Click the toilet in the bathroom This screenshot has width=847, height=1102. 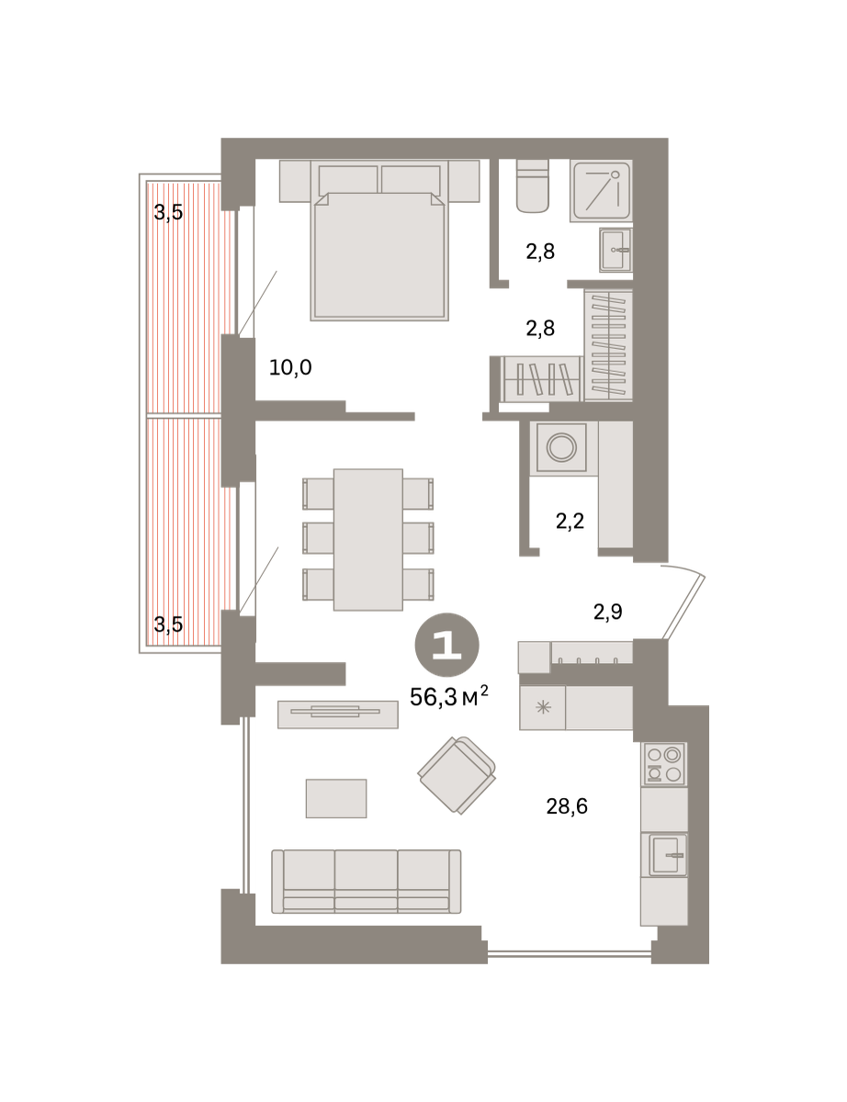533,186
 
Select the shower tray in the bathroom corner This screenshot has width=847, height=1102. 601,191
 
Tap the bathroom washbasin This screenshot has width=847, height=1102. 615,250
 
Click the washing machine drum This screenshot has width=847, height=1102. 561,448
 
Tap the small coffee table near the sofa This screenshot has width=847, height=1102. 335,798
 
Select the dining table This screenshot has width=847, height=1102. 368,540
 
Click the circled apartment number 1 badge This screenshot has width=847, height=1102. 446,645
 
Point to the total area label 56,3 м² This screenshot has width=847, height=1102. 449,697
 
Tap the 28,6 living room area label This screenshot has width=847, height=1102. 567,806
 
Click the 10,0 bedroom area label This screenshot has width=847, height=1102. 290,367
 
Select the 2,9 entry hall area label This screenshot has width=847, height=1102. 607,613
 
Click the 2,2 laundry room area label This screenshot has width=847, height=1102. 570,521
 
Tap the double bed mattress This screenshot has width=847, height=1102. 379,256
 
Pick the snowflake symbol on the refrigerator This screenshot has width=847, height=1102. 543,707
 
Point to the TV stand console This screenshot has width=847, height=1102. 338,714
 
